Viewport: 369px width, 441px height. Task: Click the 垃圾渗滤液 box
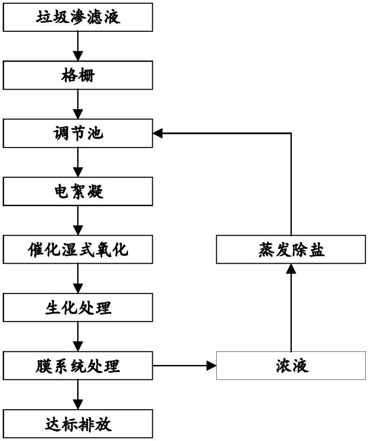click(78, 17)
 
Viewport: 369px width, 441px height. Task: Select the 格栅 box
click(78, 76)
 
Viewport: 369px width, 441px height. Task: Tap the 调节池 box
click(78, 133)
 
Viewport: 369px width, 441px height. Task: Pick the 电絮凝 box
click(78, 191)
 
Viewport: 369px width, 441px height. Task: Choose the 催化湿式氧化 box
click(78, 250)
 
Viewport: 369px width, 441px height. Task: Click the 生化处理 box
click(78, 308)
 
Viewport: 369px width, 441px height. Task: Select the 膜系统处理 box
click(78, 365)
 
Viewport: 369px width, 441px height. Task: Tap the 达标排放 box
click(78, 424)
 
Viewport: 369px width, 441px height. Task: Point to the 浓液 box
click(291, 365)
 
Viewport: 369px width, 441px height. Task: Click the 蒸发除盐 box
click(291, 250)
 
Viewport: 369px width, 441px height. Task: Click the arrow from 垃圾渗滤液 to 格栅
click(78, 46)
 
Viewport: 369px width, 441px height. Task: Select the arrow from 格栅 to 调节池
click(78, 104)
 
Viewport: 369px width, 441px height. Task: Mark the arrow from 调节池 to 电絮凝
click(78, 162)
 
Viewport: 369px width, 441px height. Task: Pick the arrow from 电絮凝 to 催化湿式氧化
click(78, 220)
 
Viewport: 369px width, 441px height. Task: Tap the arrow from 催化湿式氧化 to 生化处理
click(78, 279)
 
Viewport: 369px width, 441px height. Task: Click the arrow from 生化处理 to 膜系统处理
click(78, 336)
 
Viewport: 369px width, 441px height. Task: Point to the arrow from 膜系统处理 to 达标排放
click(78, 395)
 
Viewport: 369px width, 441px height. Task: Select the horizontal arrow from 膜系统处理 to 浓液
click(184, 365)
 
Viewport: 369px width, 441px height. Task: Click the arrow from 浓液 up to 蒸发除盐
click(291, 308)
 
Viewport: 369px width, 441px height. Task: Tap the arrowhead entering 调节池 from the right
click(157, 133)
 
